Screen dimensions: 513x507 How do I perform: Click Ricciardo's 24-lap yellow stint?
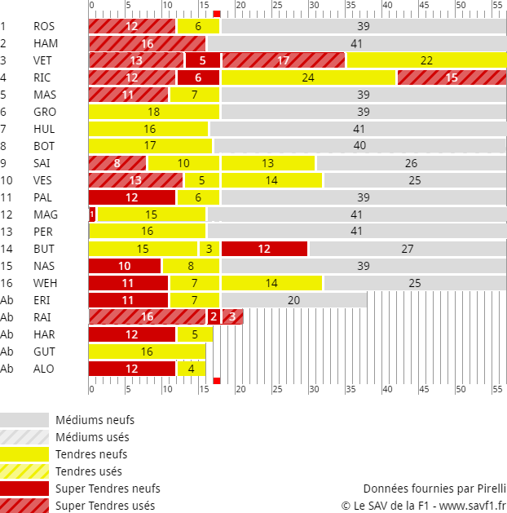[x=308, y=77]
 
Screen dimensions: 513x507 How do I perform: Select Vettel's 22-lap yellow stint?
[x=426, y=60]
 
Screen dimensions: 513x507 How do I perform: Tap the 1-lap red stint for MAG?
[x=92, y=214]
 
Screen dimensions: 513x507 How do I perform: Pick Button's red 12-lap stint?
[x=264, y=249]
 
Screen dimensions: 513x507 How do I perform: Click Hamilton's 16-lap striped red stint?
[x=148, y=43]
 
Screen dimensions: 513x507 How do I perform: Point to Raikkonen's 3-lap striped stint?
[x=232, y=317]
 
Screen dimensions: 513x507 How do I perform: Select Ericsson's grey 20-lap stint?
[x=293, y=300]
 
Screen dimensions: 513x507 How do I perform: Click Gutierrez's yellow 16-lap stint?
[x=148, y=352]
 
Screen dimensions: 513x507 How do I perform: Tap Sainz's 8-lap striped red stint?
[x=117, y=163]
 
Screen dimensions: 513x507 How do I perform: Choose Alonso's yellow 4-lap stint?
[x=191, y=369]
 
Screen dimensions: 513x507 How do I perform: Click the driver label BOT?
[x=44, y=146]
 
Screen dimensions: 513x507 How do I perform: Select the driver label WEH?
[x=45, y=283]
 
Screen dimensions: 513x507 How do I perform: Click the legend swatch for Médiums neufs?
[x=24, y=420]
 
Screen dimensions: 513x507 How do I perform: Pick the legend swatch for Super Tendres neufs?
[x=24, y=489]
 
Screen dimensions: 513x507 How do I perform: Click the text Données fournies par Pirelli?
[x=434, y=489]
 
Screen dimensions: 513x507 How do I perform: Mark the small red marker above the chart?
[x=217, y=14]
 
